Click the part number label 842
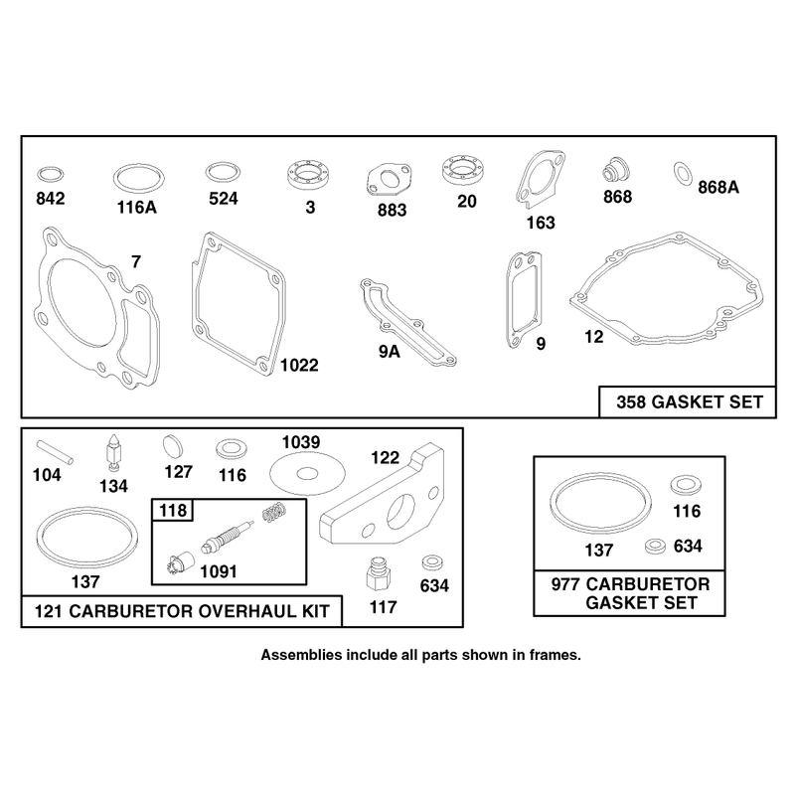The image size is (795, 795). pyautogui.click(x=51, y=198)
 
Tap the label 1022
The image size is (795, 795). pyautogui.click(x=299, y=365)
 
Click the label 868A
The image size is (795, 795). pyautogui.click(x=718, y=188)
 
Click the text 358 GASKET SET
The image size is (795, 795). pyautogui.click(x=690, y=402)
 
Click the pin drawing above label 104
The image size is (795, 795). pyautogui.click(x=55, y=452)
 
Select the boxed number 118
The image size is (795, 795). pyautogui.click(x=173, y=510)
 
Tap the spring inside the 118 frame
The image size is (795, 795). pyautogui.click(x=275, y=512)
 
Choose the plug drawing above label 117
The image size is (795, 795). pyautogui.click(x=379, y=574)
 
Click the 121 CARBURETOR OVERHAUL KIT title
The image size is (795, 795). pyautogui.click(x=182, y=611)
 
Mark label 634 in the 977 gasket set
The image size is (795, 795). pyautogui.click(x=688, y=546)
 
